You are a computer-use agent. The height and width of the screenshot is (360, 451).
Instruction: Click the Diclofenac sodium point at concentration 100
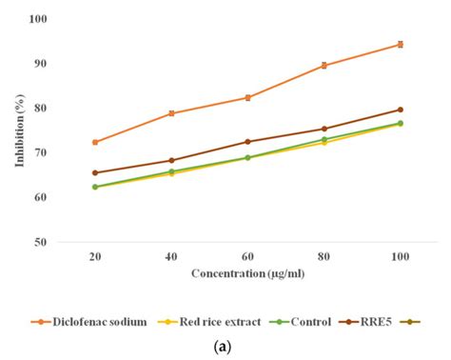pos(400,44)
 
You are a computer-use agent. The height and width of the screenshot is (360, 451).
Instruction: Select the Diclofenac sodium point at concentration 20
pos(95,142)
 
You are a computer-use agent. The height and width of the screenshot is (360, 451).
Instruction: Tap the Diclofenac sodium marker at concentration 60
pos(247,97)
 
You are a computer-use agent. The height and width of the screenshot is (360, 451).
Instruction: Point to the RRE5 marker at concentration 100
pos(400,110)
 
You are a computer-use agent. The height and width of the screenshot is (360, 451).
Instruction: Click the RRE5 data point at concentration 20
pos(95,172)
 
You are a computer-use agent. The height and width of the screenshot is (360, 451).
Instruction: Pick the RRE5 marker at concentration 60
pos(247,141)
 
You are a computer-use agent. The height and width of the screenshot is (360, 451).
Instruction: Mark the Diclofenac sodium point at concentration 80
pos(324,65)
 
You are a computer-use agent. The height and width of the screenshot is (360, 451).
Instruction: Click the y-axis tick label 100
pos(39,19)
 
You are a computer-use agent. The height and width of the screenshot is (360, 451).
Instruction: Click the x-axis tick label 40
pos(171,258)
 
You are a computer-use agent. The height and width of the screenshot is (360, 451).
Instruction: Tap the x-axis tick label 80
pos(324,258)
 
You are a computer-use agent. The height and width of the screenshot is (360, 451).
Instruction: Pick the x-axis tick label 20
pos(95,258)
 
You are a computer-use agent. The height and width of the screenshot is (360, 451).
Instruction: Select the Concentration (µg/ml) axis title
pos(246,275)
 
